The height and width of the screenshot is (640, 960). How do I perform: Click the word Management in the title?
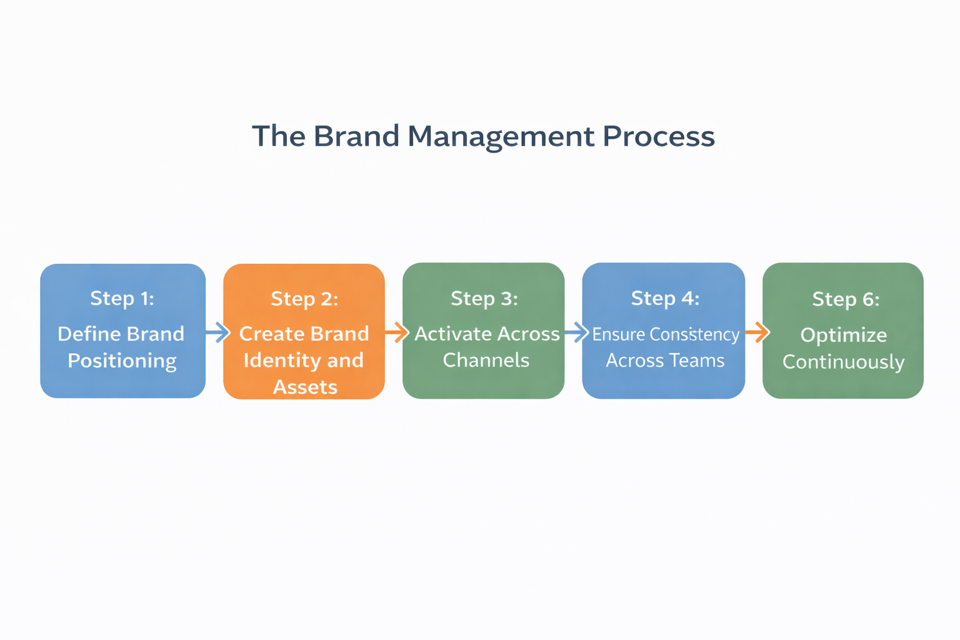(501, 136)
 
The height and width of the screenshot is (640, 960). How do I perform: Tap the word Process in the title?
(658, 136)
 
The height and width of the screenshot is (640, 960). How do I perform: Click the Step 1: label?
(122, 298)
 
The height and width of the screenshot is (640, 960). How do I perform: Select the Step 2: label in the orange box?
(304, 299)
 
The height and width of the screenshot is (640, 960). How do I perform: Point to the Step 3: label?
(484, 299)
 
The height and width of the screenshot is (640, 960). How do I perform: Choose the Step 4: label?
(665, 298)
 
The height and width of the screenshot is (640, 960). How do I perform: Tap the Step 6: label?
(846, 299)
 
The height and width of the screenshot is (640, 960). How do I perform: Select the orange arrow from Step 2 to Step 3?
(397, 332)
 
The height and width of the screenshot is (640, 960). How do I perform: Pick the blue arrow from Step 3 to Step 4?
(576, 332)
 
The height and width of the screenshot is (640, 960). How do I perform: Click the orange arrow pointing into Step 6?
(757, 332)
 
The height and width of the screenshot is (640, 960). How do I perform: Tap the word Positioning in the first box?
(122, 361)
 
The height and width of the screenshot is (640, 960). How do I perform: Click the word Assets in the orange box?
(305, 387)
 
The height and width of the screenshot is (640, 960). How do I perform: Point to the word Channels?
(486, 361)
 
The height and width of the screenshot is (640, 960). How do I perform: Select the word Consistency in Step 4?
(694, 334)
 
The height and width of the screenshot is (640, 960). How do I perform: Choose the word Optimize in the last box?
(843, 336)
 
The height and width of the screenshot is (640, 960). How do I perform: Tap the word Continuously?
(843, 362)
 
